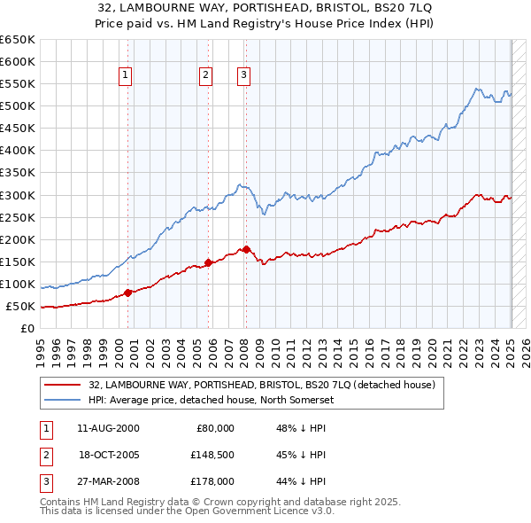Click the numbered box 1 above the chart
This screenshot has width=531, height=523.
126,76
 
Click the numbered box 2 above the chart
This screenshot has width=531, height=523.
205,76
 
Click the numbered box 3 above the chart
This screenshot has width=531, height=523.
242,76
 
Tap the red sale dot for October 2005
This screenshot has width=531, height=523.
209,261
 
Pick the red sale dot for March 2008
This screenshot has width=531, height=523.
246,249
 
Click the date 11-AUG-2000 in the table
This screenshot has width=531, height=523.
108,428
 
